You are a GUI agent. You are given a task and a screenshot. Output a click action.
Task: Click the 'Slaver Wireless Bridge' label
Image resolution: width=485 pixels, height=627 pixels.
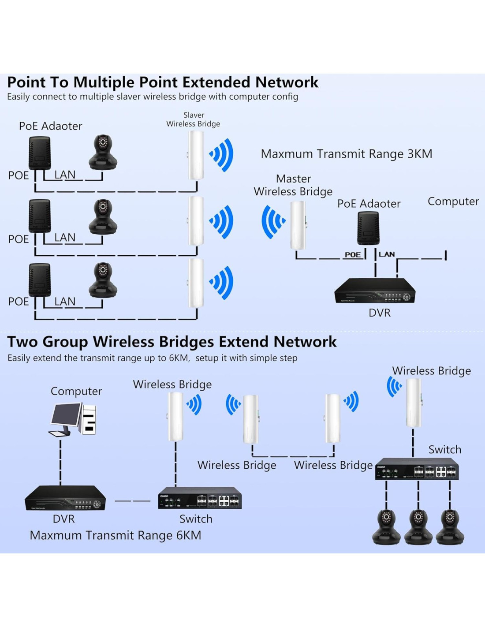(193, 119)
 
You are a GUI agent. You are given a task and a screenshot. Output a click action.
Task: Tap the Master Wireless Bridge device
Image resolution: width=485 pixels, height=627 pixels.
(298, 225)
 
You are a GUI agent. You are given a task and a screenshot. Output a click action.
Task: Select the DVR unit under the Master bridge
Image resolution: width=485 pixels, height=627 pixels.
(375, 291)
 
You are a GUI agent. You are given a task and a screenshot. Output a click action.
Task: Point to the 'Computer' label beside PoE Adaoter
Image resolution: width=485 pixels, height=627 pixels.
(453, 202)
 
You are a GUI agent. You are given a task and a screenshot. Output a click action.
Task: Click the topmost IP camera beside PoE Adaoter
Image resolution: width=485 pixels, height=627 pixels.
(103, 152)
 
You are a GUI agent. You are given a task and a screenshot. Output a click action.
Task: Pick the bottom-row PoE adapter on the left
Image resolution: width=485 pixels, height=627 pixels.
(40, 280)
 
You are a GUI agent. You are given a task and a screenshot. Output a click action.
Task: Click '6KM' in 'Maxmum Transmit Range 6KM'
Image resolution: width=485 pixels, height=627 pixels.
(189, 535)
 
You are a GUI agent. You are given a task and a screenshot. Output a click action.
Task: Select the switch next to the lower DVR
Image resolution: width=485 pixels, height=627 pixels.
(200, 498)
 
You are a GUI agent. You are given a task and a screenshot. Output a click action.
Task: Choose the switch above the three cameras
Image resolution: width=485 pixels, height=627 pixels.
(417, 469)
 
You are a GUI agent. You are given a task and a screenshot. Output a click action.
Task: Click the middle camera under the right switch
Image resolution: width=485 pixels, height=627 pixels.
(418, 526)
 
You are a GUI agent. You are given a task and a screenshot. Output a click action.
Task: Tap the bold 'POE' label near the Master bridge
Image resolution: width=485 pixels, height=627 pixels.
(352, 254)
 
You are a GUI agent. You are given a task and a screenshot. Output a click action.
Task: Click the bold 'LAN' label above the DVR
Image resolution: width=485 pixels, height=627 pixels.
(387, 254)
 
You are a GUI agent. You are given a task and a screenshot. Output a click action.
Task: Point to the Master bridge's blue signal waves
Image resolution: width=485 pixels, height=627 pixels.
(272, 222)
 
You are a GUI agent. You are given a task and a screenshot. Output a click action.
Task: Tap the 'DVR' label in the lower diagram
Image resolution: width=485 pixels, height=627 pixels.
(63, 519)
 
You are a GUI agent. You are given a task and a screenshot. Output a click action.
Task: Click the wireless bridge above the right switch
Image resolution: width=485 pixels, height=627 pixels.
(413, 403)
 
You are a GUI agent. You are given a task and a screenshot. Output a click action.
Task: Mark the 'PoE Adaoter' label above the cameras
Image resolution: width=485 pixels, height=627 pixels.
(50, 126)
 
